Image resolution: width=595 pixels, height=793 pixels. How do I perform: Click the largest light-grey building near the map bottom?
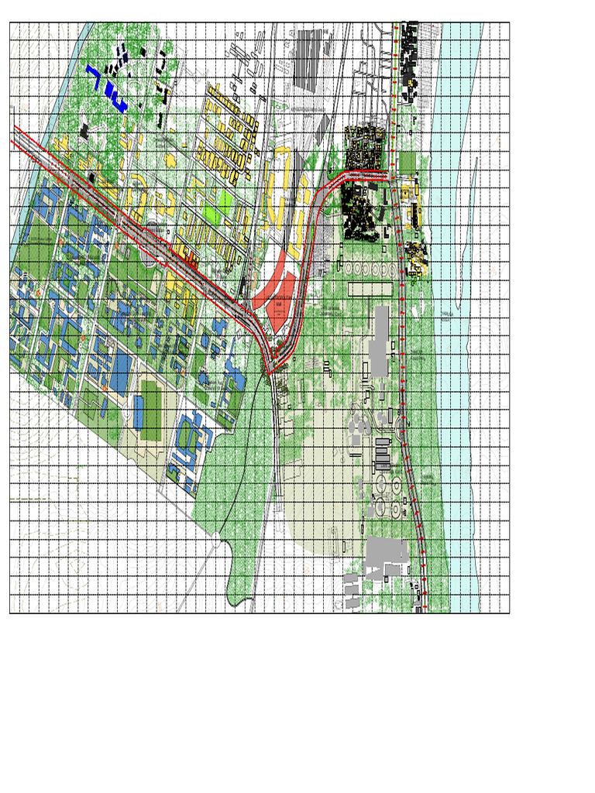(x=385, y=551)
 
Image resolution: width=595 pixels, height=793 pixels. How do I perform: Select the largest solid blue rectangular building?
(x=121, y=372)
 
